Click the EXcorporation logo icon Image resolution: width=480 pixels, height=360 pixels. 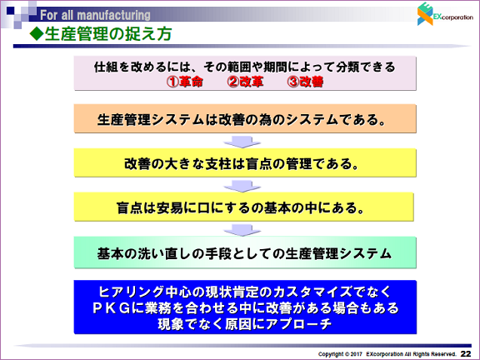pyautogui.click(x=425, y=14)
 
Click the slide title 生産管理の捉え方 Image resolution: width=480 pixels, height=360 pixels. pyautogui.click(x=108, y=33)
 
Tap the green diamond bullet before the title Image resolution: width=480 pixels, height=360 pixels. pyautogui.click(x=37, y=33)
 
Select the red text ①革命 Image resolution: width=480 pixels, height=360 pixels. pyautogui.click(x=185, y=82)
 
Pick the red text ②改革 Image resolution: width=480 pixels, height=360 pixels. pyautogui.click(x=245, y=82)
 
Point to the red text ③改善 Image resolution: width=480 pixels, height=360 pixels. pyautogui.click(x=305, y=82)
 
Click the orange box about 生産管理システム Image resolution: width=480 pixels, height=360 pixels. pyautogui.click(x=245, y=118)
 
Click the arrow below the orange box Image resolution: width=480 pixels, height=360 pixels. pyautogui.click(x=242, y=142)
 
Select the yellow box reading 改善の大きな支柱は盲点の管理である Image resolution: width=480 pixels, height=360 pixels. pyautogui.click(x=245, y=162)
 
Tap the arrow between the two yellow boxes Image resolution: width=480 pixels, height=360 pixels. pyautogui.click(x=242, y=186)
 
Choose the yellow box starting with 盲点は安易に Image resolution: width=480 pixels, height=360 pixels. pyautogui.click(x=243, y=207)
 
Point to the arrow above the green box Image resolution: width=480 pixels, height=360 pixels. pyautogui.click(x=242, y=230)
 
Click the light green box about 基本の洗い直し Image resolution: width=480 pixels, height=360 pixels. pyautogui.click(x=245, y=252)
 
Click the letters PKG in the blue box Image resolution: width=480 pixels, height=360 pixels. pyautogui.click(x=112, y=308)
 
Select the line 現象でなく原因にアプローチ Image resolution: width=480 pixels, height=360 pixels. pyautogui.click(x=245, y=324)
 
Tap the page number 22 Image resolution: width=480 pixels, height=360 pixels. pyautogui.click(x=466, y=353)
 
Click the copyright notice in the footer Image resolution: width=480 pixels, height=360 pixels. pyautogui.click(x=387, y=354)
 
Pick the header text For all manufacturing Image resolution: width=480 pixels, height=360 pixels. pyautogui.click(x=95, y=15)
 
